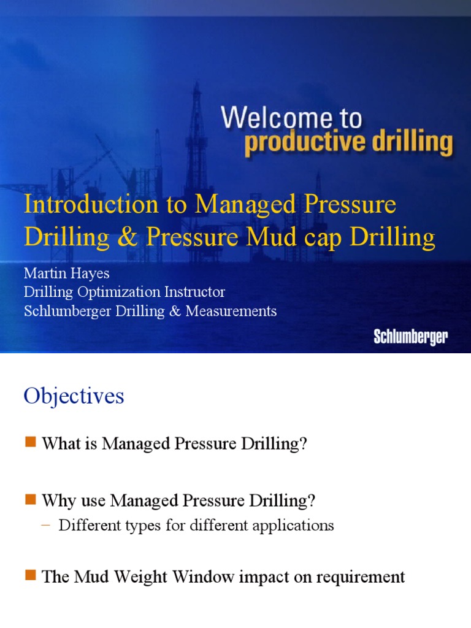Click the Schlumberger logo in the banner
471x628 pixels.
[x=411, y=337]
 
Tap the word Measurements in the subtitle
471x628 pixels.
[x=231, y=311]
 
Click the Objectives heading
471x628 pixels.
[x=74, y=396]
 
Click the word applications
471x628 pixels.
[x=293, y=526]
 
